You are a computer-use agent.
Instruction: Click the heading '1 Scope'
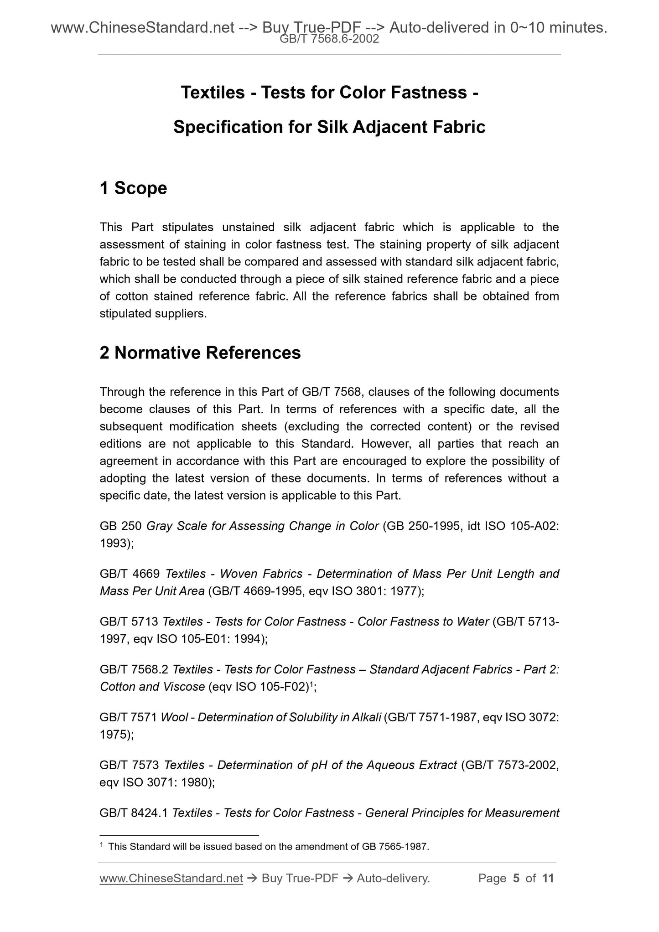pos(133,188)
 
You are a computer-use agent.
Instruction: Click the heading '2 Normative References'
pos(200,353)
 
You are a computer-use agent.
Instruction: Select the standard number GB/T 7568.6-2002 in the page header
pos(329,39)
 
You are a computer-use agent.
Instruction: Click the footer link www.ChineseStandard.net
pos(171,878)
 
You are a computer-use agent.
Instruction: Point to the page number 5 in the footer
pos(516,878)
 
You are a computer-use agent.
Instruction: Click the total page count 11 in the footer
pos(548,878)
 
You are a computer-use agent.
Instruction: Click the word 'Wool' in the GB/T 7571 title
pos(174,717)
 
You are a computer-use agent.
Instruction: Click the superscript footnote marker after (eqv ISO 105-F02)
pos(311,683)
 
